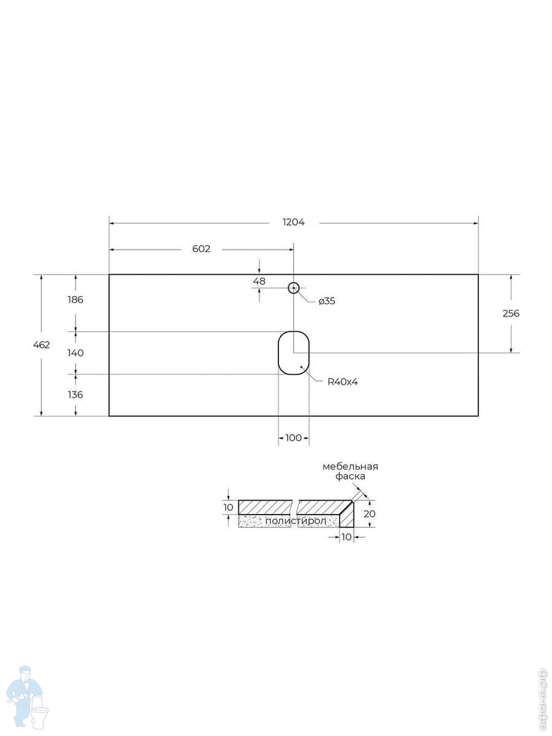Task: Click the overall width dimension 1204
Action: (x=294, y=222)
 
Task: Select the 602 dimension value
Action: (x=201, y=249)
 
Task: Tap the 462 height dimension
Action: (x=42, y=345)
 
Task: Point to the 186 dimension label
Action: (x=75, y=299)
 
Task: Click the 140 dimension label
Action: (x=75, y=353)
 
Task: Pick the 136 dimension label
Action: (x=75, y=394)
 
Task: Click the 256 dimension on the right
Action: (x=511, y=313)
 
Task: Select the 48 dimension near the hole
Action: (x=259, y=281)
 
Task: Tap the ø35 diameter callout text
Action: (x=327, y=301)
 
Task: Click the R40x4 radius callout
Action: (x=342, y=381)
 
